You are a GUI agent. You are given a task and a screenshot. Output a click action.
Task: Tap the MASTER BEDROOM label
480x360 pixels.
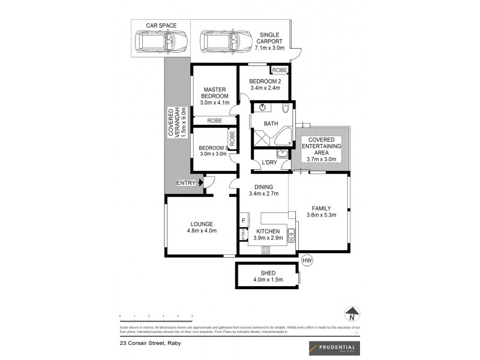[x=215, y=93]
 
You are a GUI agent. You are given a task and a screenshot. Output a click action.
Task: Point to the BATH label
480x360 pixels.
[x=271, y=124]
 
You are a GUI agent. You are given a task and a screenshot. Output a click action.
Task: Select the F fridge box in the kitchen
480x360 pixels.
[x=244, y=220]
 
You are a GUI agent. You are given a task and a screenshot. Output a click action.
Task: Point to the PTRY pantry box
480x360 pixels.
[x=244, y=236]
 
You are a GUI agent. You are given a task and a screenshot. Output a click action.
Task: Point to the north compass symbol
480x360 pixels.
[x=353, y=313]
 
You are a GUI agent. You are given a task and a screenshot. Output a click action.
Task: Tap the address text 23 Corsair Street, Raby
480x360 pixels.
[x=150, y=343]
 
